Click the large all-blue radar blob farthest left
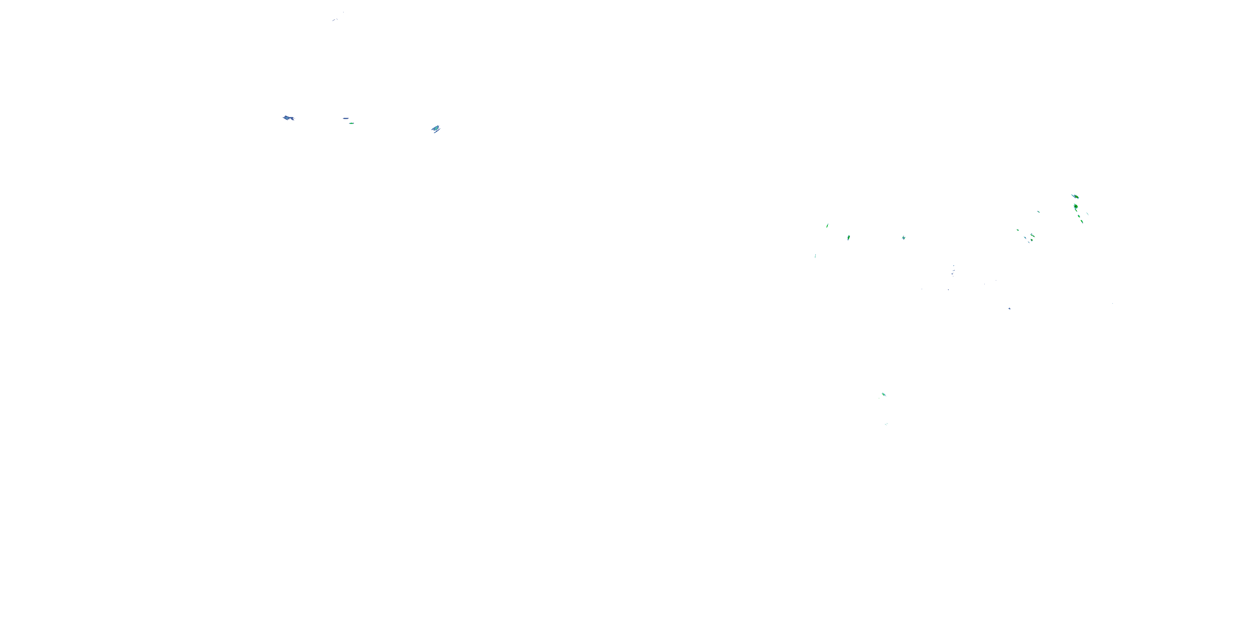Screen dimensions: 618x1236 coord(288,117)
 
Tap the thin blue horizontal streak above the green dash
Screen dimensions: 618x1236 coord(346,118)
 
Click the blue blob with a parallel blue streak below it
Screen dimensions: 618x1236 coord(435,128)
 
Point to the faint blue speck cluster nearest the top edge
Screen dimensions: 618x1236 coord(335,19)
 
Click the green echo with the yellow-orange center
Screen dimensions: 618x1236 coord(1075,196)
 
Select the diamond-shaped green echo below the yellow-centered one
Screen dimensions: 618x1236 coord(1076,207)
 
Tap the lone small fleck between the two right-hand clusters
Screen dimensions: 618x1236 coord(1039,212)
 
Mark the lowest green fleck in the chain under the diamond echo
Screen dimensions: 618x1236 coord(1081,221)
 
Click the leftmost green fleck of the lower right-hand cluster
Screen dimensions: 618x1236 coord(1018,230)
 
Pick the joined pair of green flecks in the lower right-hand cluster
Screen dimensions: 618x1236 coord(1032,236)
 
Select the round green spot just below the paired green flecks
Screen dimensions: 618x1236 coord(1029,241)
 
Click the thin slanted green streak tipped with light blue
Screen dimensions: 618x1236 coord(827,225)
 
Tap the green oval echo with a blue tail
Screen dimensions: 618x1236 coord(848,237)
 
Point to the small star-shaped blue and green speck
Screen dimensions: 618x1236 coord(903,237)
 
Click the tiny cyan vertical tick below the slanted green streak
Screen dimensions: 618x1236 coord(815,256)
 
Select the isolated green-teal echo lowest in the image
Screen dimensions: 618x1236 coord(883,394)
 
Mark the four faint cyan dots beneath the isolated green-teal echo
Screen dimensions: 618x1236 coord(886,424)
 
